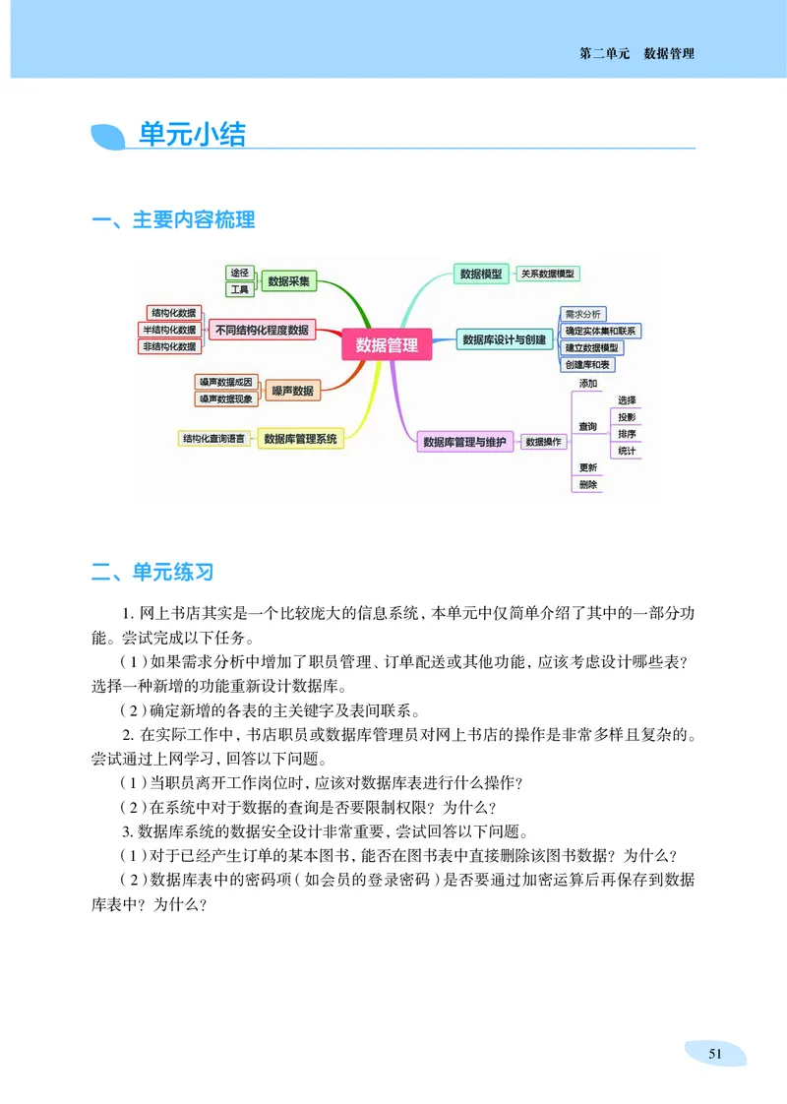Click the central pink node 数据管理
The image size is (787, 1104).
point(387,344)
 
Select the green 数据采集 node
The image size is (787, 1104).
point(289,281)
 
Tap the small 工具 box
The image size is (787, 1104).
point(239,289)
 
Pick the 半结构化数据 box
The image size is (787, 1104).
point(169,330)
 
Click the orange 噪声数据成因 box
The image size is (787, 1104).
point(226,381)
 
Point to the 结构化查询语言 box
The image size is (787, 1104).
point(213,438)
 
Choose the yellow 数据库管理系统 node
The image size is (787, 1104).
point(301,439)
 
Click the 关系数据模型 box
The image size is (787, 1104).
point(548,274)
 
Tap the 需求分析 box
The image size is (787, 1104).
point(583,314)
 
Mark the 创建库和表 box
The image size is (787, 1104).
point(588,365)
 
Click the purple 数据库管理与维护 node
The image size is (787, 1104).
point(464,442)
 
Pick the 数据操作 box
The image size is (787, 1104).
point(543,442)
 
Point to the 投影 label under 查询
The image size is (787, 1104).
point(627,417)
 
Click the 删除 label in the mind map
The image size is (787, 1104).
point(588,484)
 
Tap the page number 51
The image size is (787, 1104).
point(715,1053)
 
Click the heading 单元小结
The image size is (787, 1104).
point(192,135)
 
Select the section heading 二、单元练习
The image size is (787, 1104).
point(152,572)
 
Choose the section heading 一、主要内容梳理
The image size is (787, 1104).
point(173,220)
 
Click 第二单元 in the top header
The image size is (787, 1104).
point(604,53)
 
